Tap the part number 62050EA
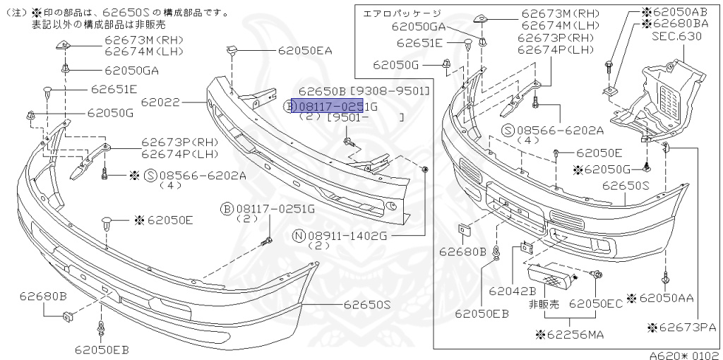304,51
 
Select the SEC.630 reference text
676,35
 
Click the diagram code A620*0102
684,355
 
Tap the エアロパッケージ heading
402,13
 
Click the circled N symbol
299,236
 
